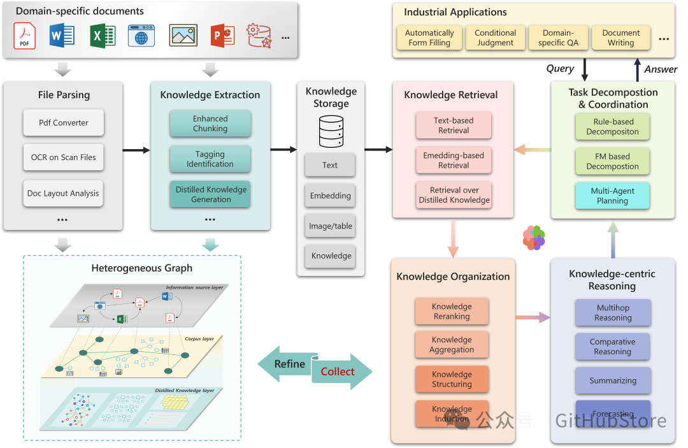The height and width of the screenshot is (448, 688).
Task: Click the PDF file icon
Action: click(25, 36)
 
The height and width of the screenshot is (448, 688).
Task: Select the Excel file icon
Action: click(102, 36)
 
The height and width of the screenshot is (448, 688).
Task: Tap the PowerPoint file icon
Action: click(223, 36)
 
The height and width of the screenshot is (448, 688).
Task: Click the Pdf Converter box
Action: click(64, 122)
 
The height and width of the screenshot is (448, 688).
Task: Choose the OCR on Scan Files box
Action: click(64, 157)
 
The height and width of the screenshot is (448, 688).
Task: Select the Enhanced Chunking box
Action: click(210, 124)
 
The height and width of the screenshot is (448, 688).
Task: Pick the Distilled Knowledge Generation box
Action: click(210, 194)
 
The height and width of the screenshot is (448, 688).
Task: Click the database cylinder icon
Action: click(331, 132)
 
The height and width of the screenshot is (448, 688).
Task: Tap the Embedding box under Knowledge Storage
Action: click(330, 196)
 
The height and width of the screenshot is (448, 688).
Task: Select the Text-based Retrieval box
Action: click(454, 126)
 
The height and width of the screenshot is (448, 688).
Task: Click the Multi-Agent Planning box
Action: click(612, 196)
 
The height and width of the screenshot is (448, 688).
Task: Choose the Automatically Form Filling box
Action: click(429, 38)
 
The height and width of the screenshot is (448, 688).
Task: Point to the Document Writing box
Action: click(620, 38)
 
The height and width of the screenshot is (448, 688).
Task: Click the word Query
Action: click(560, 69)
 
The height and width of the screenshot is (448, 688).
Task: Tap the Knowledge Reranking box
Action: click(452, 312)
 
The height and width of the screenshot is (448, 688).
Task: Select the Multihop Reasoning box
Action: click(613, 313)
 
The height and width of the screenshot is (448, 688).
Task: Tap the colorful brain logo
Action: click(534, 238)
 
